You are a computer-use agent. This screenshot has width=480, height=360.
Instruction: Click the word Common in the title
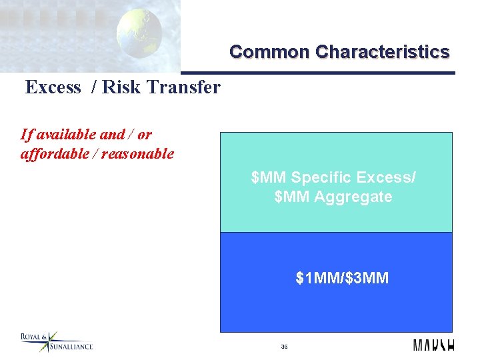(269, 52)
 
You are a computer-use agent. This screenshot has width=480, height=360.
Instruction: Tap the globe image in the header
(139, 33)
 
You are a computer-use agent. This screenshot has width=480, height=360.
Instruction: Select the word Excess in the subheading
(53, 87)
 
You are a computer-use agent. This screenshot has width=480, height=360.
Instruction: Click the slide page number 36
(284, 347)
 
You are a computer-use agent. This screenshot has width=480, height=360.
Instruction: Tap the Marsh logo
(433, 345)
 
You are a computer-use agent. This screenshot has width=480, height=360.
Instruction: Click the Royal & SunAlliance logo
(56, 341)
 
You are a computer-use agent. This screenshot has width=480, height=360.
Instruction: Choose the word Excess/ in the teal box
(387, 178)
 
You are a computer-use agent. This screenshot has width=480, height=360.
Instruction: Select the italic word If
(26, 135)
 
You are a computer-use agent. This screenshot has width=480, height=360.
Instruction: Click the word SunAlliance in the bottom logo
(71, 346)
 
